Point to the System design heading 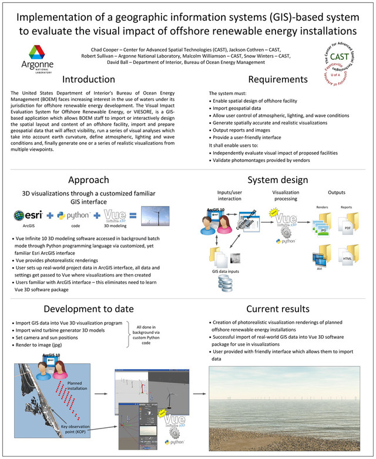(x=278, y=180)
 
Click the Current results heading (x=278, y=309)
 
